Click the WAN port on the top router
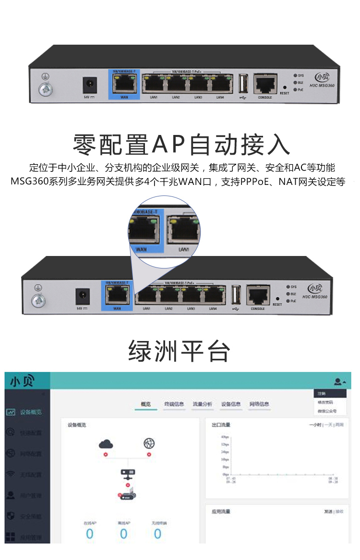(124, 85)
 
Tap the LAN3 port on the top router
(198, 85)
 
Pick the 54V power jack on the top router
(88, 85)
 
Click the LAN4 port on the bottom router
(214, 295)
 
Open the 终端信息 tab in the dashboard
(174, 404)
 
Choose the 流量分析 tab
(202, 404)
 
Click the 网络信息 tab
(259, 404)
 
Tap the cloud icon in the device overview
(106, 444)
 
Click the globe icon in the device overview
(149, 443)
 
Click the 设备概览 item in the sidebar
(31, 412)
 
